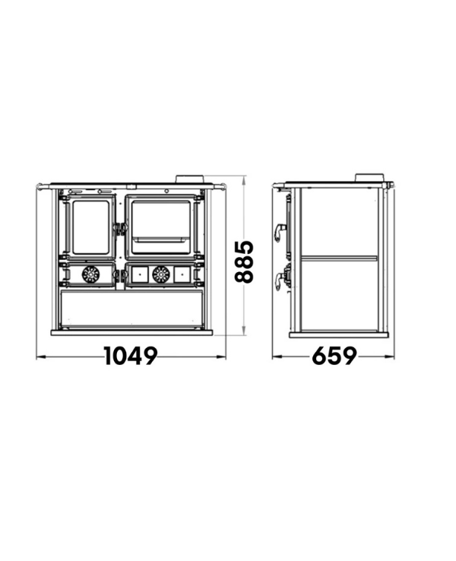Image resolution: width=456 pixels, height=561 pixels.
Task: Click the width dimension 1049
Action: point(131,356)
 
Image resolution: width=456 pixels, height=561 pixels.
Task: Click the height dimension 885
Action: point(244,262)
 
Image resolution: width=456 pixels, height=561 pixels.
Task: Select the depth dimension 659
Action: point(334,356)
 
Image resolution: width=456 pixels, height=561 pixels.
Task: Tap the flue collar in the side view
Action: point(369,178)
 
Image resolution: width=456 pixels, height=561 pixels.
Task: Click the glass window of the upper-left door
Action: point(90,227)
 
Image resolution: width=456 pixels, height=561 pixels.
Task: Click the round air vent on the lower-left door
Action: point(91,274)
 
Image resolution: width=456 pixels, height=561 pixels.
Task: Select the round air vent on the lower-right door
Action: point(161,274)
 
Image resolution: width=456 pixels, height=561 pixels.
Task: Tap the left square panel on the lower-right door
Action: point(140,274)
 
